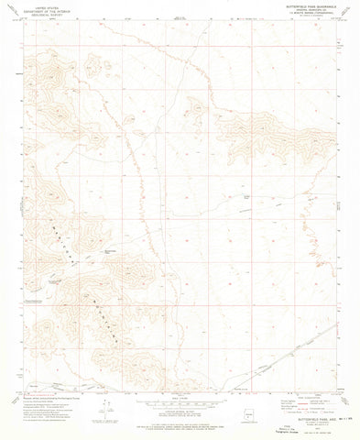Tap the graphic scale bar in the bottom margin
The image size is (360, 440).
[x=180, y=401]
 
